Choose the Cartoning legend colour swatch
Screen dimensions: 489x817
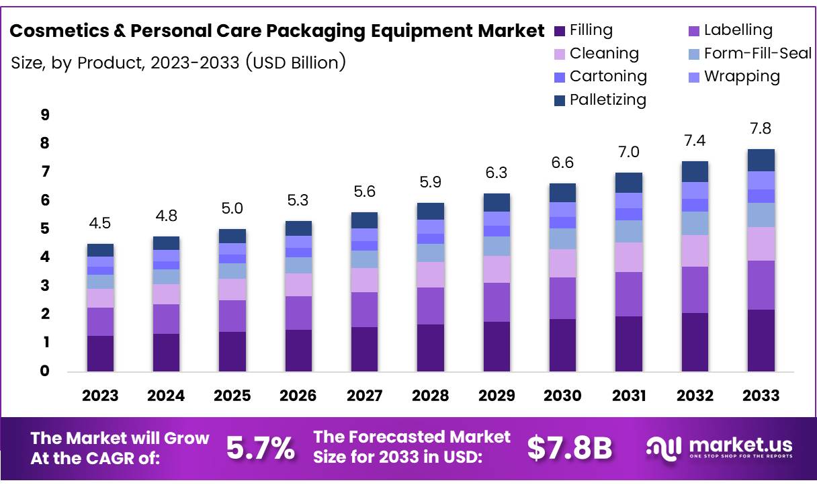click(560, 77)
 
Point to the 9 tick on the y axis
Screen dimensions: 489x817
click(45, 115)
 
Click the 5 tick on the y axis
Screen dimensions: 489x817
click(45, 229)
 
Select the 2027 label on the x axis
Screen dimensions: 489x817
click(364, 396)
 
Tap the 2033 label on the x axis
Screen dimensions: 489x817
click(761, 396)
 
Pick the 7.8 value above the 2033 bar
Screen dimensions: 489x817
click(761, 128)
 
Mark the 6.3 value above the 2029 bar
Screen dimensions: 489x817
click(497, 173)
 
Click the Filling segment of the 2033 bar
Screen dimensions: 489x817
click(761, 340)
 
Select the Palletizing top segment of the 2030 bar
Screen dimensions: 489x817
click(562, 193)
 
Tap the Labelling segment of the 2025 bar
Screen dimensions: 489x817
click(232, 316)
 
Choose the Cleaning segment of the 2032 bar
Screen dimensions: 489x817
click(695, 251)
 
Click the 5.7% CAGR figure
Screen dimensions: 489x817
click(260, 449)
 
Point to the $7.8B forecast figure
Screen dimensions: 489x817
click(569, 449)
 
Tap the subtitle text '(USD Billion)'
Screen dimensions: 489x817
click(296, 62)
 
